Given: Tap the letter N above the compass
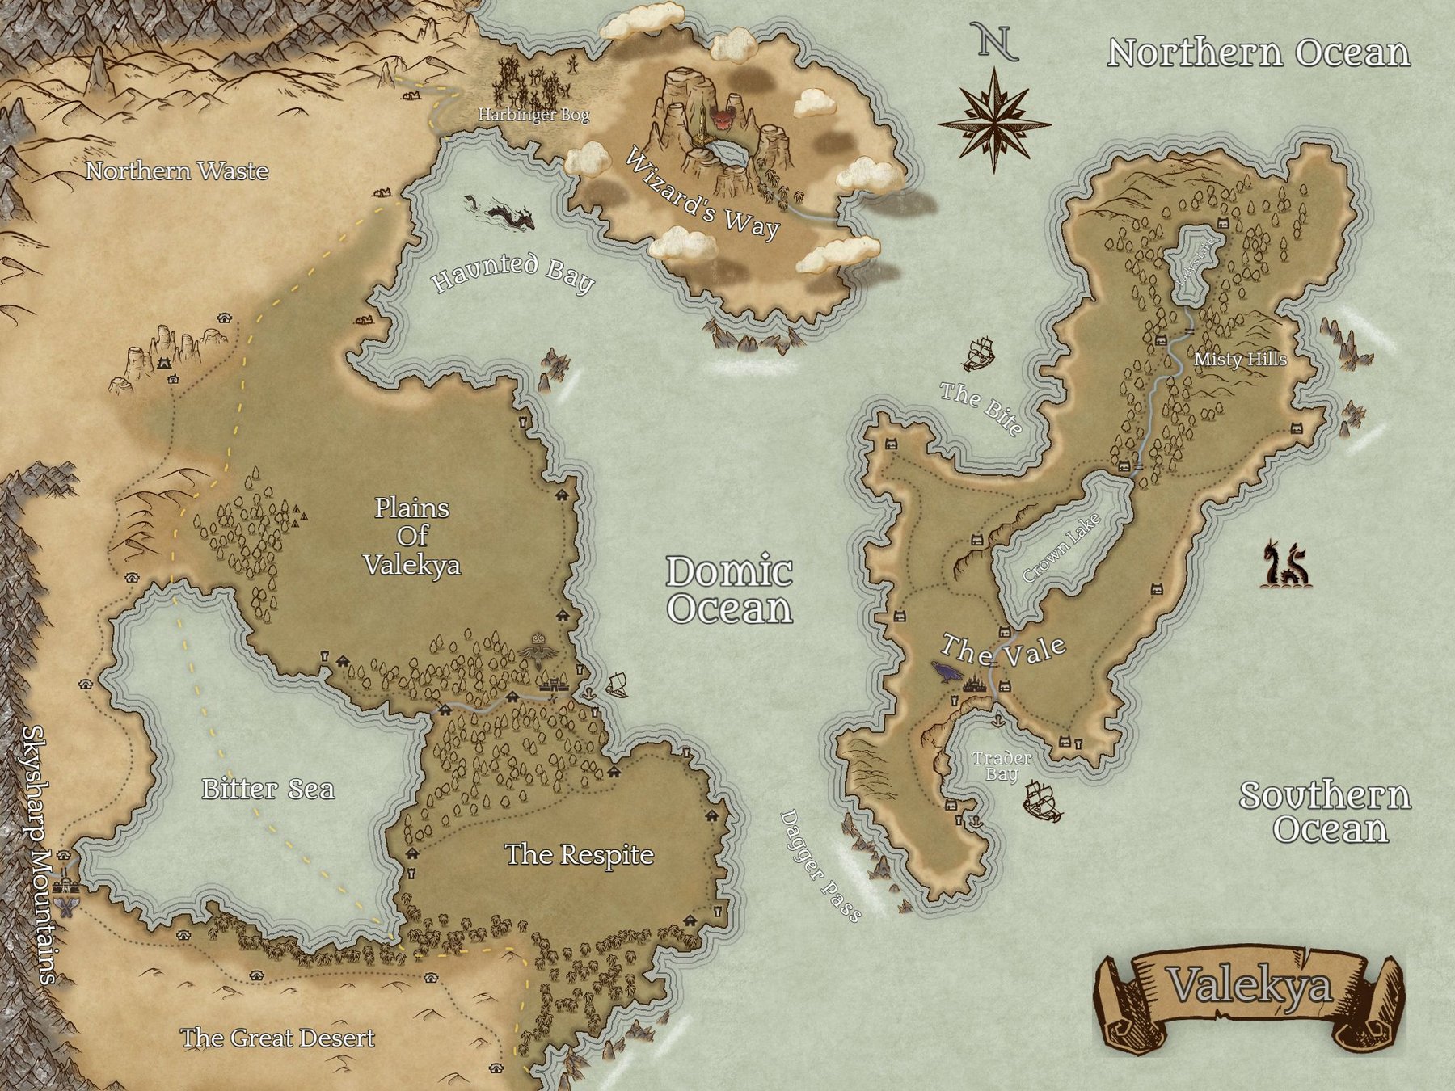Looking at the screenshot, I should point(995,41).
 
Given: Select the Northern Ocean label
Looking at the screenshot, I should point(1259,53).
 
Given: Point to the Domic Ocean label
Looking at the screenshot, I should point(729,590).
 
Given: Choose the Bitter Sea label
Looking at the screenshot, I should point(268,789).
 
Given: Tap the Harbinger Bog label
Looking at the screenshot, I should point(533,115).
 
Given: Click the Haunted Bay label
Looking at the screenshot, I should point(513,272).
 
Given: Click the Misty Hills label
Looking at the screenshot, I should point(1240,359).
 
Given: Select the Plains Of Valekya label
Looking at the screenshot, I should point(411,536).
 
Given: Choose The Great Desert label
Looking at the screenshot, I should point(277,1038).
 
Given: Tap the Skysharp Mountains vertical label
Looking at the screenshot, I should point(38,853).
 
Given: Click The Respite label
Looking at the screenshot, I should point(579,854).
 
